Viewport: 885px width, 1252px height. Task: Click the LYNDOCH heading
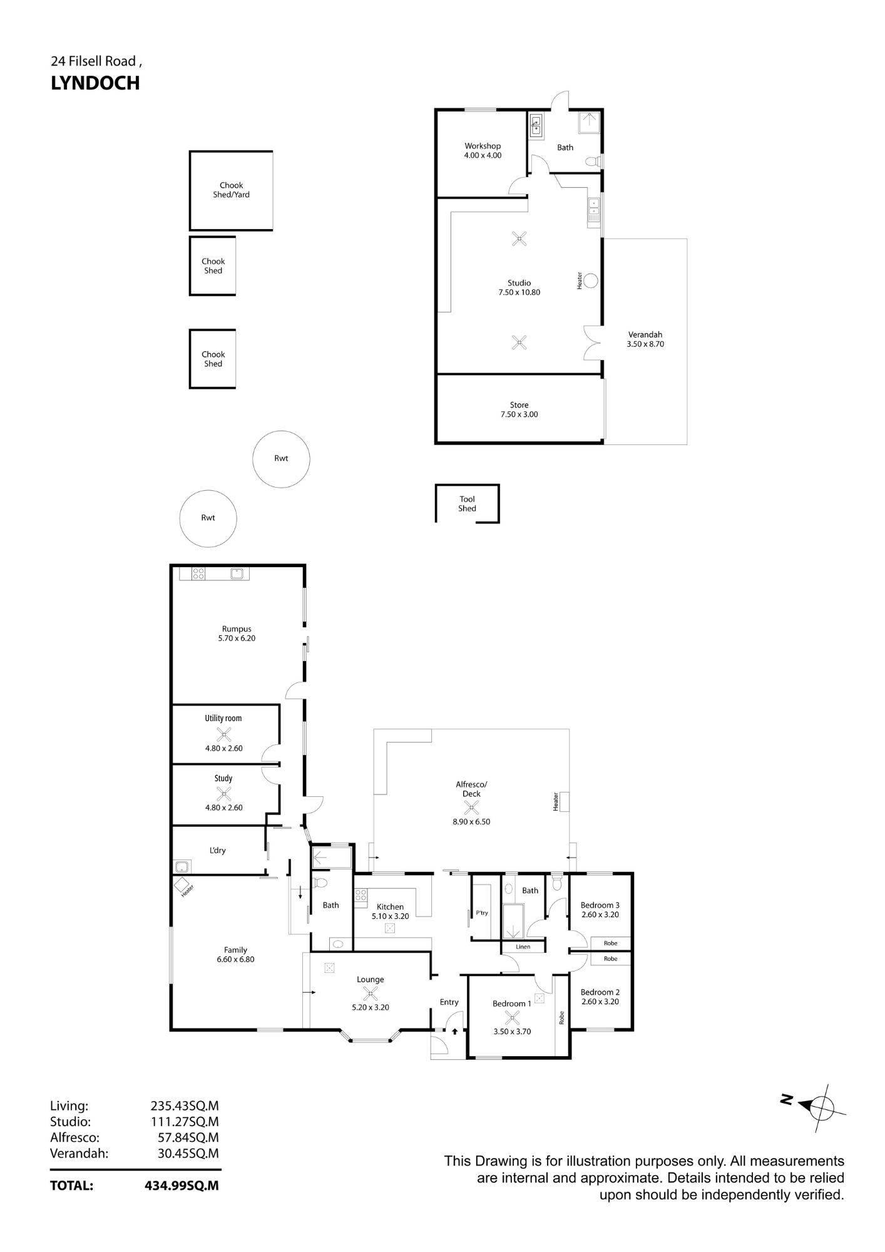click(x=95, y=83)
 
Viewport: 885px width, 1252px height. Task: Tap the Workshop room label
click(x=483, y=146)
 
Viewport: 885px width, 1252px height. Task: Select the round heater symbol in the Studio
click(x=590, y=280)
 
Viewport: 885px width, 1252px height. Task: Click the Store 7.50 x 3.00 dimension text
click(x=519, y=414)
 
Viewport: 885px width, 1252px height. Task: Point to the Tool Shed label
click(x=467, y=504)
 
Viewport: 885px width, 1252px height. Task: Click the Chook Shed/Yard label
click(x=231, y=190)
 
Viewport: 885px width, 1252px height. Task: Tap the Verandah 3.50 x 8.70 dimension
click(x=645, y=344)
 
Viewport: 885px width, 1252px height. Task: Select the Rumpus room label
click(x=237, y=629)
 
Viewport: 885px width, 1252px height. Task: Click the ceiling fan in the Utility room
click(x=223, y=734)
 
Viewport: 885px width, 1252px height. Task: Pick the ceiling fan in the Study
click(x=223, y=793)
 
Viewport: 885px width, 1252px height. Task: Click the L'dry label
click(x=217, y=850)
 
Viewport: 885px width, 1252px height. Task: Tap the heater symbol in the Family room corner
click(x=182, y=886)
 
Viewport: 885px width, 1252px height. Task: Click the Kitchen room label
click(x=390, y=906)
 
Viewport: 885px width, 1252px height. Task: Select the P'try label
click(x=481, y=913)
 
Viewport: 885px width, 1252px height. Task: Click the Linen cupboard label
click(x=523, y=947)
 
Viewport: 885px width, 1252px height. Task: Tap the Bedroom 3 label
click(x=600, y=905)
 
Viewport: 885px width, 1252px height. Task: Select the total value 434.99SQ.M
click(x=182, y=1186)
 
